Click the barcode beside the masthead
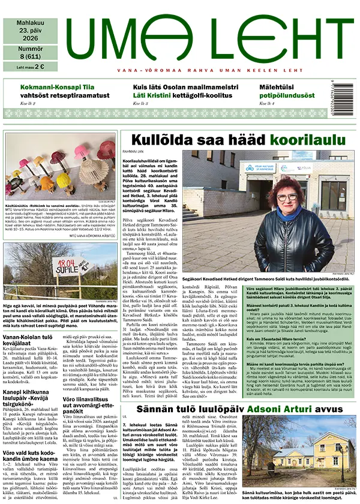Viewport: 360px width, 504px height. [x=349, y=93]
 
